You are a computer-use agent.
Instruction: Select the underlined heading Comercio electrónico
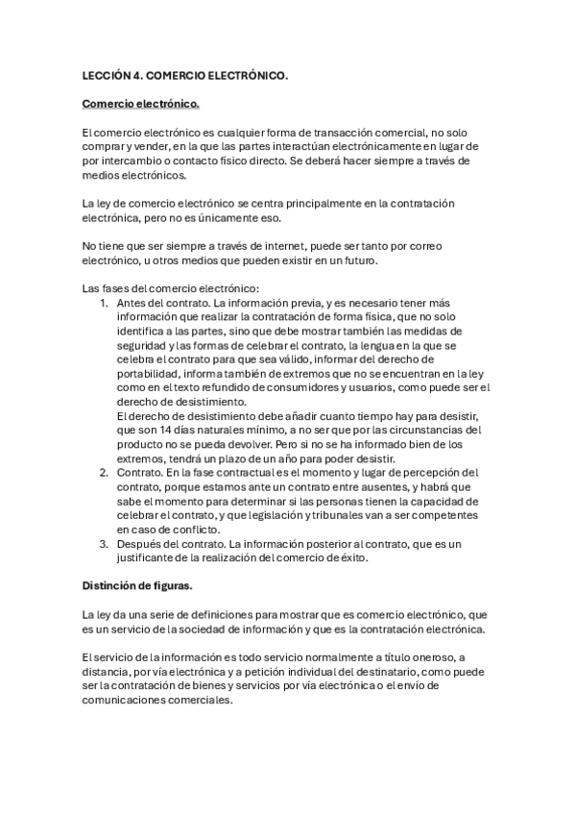140,103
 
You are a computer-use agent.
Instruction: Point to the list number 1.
104,303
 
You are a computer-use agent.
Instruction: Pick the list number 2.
104,473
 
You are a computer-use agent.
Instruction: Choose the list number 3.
104,544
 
